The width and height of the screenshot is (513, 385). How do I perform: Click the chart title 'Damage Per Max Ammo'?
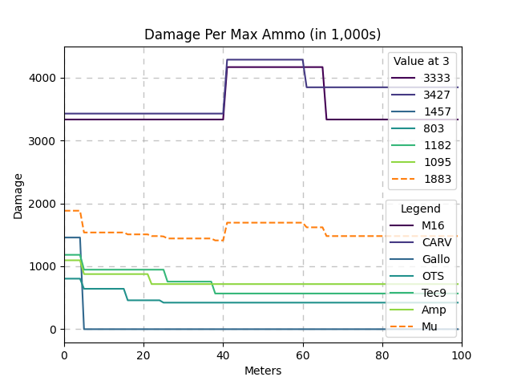(x=262, y=34)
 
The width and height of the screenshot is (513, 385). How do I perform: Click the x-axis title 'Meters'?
(x=263, y=371)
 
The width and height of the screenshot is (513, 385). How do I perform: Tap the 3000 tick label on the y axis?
(x=45, y=141)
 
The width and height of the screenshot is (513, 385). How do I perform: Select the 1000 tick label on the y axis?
(x=45, y=266)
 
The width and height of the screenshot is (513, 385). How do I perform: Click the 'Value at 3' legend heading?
(x=422, y=62)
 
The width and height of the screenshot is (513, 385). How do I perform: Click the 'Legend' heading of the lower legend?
(x=421, y=209)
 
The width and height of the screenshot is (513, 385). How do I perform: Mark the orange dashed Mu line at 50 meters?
(x=263, y=222)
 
